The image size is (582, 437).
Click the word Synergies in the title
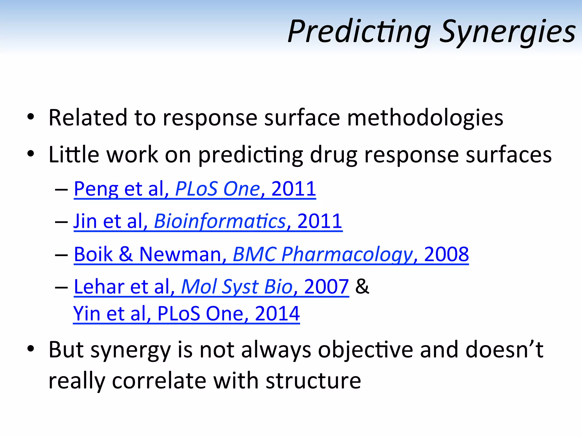507,32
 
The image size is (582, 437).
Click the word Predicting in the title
359,32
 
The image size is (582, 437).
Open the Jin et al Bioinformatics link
208,221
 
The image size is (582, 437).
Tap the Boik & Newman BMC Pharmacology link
271,254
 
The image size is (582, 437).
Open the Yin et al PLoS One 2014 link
186,314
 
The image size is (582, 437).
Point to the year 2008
446,254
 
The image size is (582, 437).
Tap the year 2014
277,314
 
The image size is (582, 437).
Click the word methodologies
425,118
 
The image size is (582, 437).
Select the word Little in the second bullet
74,154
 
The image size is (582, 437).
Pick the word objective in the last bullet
365,350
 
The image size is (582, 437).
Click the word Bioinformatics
220,221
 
